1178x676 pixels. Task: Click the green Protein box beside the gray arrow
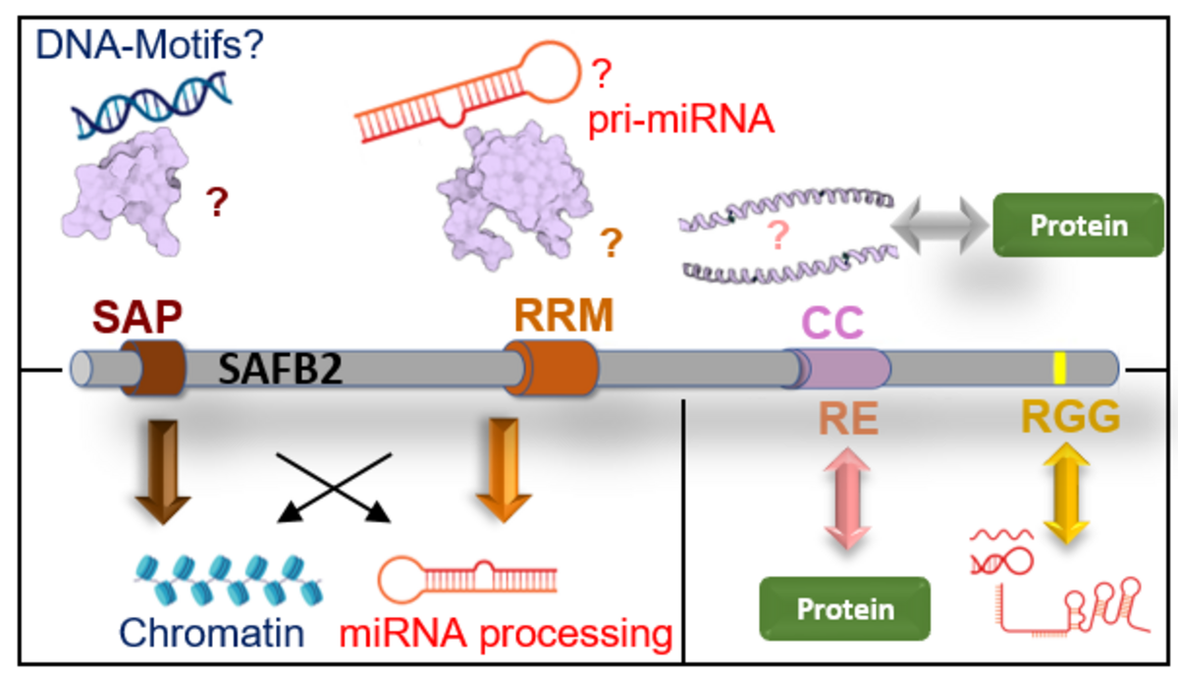pos(1077,226)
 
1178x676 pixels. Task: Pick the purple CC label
pos(832,322)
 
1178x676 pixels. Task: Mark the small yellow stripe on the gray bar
pos(1059,367)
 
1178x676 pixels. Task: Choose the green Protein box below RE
pos(844,608)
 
